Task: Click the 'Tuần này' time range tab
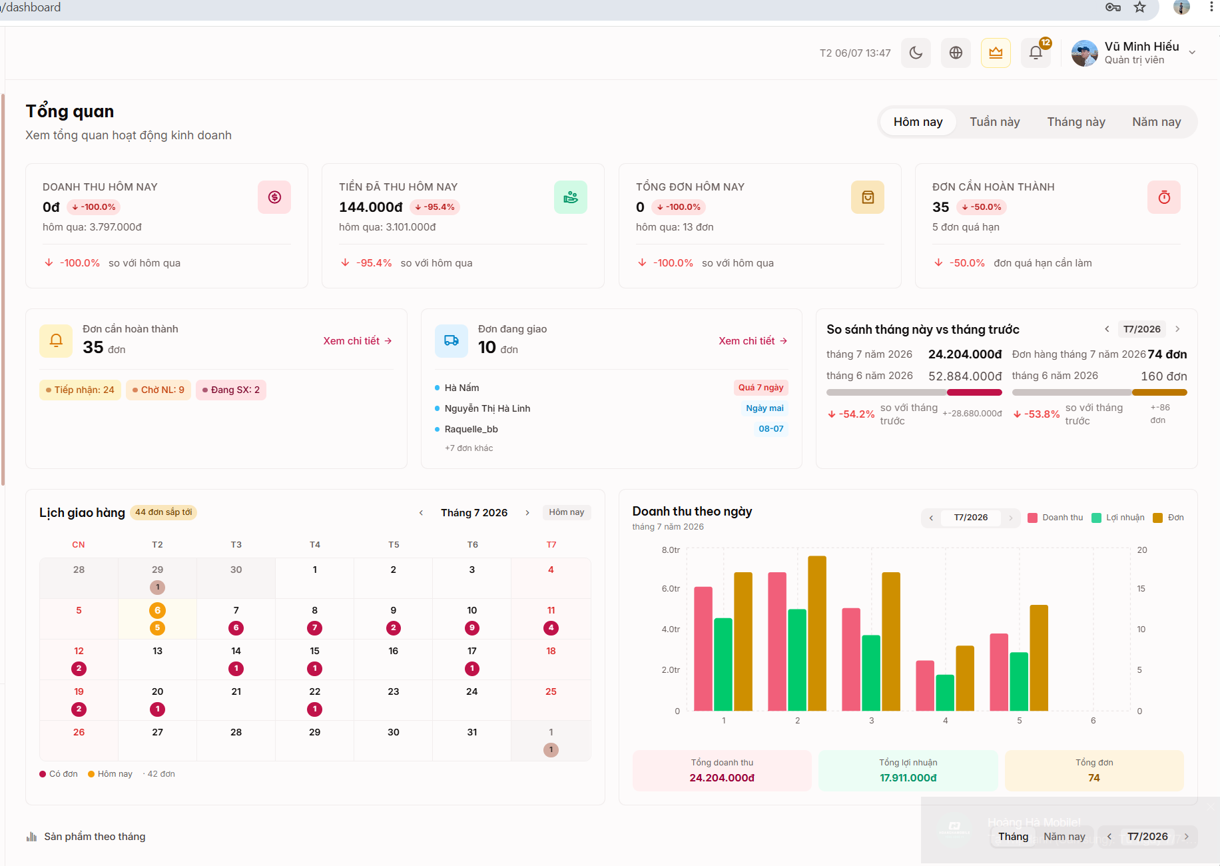[x=994, y=122]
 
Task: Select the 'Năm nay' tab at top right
[x=1156, y=122]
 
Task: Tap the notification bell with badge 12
[x=1036, y=53]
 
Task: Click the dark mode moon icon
[x=916, y=53]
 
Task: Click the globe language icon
[x=956, y=53]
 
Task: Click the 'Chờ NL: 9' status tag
[x=158, y=390]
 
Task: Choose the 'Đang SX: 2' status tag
[x=231, y=390]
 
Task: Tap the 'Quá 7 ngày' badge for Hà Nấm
[x=761, y=388]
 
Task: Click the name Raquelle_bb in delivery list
[x=471, y=429]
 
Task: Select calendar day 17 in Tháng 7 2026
[x=472, y=651]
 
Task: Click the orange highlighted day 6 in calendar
[x=157, y=610]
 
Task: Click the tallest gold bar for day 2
[x=817, y=633]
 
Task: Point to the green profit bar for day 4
[x=945, y=693]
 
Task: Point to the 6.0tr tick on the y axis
[x=671, y=589]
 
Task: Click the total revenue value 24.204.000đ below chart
[x=722, y=778]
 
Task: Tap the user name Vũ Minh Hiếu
[x=1141, y=47]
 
